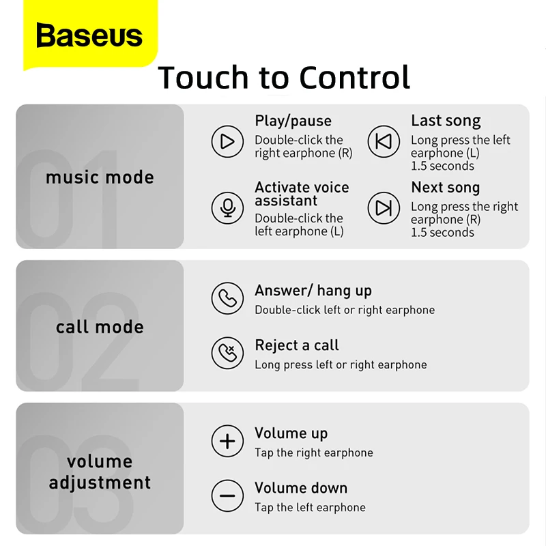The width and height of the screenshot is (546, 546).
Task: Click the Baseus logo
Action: (89, 35)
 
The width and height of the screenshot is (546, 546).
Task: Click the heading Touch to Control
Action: (284, 77)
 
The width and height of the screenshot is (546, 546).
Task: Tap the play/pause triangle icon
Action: (227, 141)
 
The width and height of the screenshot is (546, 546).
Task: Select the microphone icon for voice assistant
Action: (227, 208)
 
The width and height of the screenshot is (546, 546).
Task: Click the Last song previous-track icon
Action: (384, 141)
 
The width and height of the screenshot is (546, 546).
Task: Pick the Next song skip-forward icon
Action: (384, 208)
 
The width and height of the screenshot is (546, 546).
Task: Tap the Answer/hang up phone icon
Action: (227, 298)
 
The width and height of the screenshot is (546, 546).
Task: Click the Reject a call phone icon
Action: (227, 353)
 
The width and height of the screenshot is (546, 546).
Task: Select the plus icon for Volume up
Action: (227, 442)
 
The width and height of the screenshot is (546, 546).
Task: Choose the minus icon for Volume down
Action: (227, 496)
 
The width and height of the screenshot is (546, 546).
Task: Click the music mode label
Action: (100, 177)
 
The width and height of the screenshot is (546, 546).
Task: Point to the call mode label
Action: (100, 327)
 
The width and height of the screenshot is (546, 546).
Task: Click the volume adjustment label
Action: (100, 472)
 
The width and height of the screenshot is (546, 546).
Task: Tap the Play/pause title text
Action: (293, 121)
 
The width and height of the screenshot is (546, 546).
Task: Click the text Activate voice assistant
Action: (301, 194)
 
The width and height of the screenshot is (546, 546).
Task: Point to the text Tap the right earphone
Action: (314, 452)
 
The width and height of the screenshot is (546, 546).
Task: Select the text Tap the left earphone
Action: (310, 507)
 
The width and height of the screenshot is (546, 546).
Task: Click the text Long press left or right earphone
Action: (341, 364)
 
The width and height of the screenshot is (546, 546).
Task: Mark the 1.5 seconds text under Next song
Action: (442, 232)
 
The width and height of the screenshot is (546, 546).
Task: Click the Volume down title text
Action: (301, 488)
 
